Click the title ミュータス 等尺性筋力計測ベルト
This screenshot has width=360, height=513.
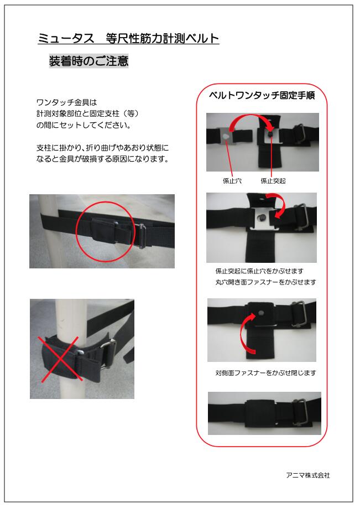point(128,39)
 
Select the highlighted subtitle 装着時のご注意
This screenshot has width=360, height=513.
point(88,61)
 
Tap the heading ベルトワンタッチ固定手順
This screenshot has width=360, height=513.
point(262,95)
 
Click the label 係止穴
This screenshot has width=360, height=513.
point(232,181)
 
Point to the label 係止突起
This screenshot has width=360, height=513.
point(273,181)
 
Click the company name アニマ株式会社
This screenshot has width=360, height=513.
point(307,475)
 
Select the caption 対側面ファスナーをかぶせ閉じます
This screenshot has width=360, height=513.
point(265,372)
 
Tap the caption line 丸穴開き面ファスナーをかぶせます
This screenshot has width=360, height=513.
point(265,282)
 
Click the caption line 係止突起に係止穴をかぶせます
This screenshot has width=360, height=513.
point(259,271)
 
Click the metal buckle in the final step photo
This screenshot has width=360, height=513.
point(300,412)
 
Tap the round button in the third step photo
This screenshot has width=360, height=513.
point(260,313)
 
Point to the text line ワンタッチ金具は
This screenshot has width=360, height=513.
point(66,102)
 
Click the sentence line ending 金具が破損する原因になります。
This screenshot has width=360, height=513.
point(102,159)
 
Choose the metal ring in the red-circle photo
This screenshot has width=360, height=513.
point(143,236)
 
